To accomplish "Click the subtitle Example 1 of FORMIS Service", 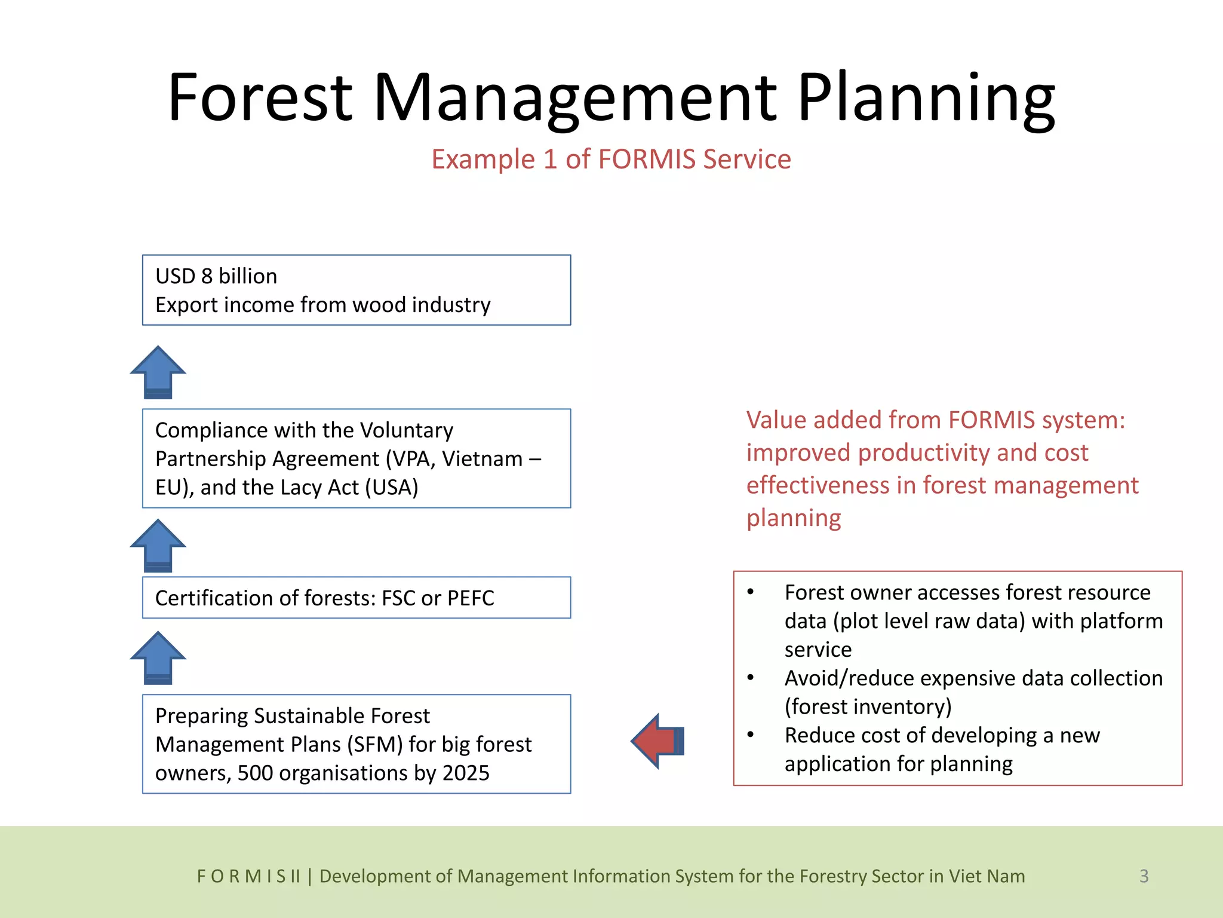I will click(611, 160).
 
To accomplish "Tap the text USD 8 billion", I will click(216, 276).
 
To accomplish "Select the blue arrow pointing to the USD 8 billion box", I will click(158, 372).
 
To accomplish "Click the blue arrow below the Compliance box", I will click(158, 545).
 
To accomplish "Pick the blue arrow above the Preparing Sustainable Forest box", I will click(158, 657).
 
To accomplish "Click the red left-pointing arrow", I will click(657, 741).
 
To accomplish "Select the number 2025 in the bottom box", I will click(466, 773).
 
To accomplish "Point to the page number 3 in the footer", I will click(1144, 876).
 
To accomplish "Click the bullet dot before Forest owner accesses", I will click(751, 592).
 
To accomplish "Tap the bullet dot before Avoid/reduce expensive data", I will click(751, 678).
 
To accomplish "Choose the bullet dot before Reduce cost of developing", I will click(751, 735).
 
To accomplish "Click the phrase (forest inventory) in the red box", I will click(868, 707).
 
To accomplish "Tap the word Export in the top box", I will click(186, 305).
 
